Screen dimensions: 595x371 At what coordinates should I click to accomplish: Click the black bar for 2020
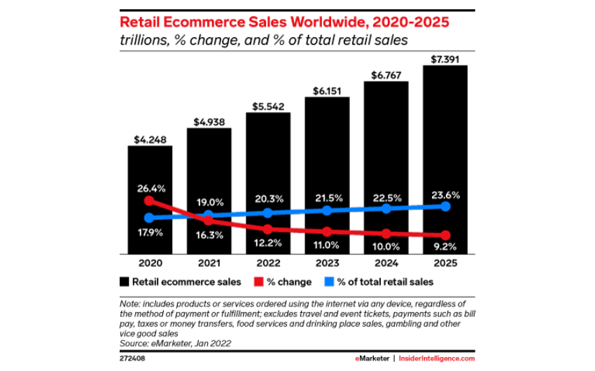point(150,200)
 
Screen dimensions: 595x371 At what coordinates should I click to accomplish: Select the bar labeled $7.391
point(445,160)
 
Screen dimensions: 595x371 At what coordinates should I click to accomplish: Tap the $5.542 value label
point(268,106)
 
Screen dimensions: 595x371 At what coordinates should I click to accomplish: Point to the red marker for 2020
point(150,201)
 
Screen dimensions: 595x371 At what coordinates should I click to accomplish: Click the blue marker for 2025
point(445,206)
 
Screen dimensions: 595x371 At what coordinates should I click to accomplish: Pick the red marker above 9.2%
point(445,235)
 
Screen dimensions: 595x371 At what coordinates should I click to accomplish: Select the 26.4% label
point(151,188)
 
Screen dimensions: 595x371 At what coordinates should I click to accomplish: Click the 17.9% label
point(150,232)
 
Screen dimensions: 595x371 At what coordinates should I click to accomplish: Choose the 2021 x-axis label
point(209,263)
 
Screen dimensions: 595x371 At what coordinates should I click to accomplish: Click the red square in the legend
point(259,282)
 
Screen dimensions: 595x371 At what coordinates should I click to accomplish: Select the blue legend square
point(329,282)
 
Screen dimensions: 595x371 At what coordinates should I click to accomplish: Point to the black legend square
point(124,282)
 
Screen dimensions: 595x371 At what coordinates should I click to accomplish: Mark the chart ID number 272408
point(132,358)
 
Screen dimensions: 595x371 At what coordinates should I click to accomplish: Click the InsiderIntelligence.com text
point(437,358)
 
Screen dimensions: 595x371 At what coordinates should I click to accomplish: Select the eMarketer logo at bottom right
point(372,358)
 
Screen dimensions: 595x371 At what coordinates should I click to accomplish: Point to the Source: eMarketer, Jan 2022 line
point(175,344)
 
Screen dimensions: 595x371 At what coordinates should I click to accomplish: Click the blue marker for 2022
point(268,213)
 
